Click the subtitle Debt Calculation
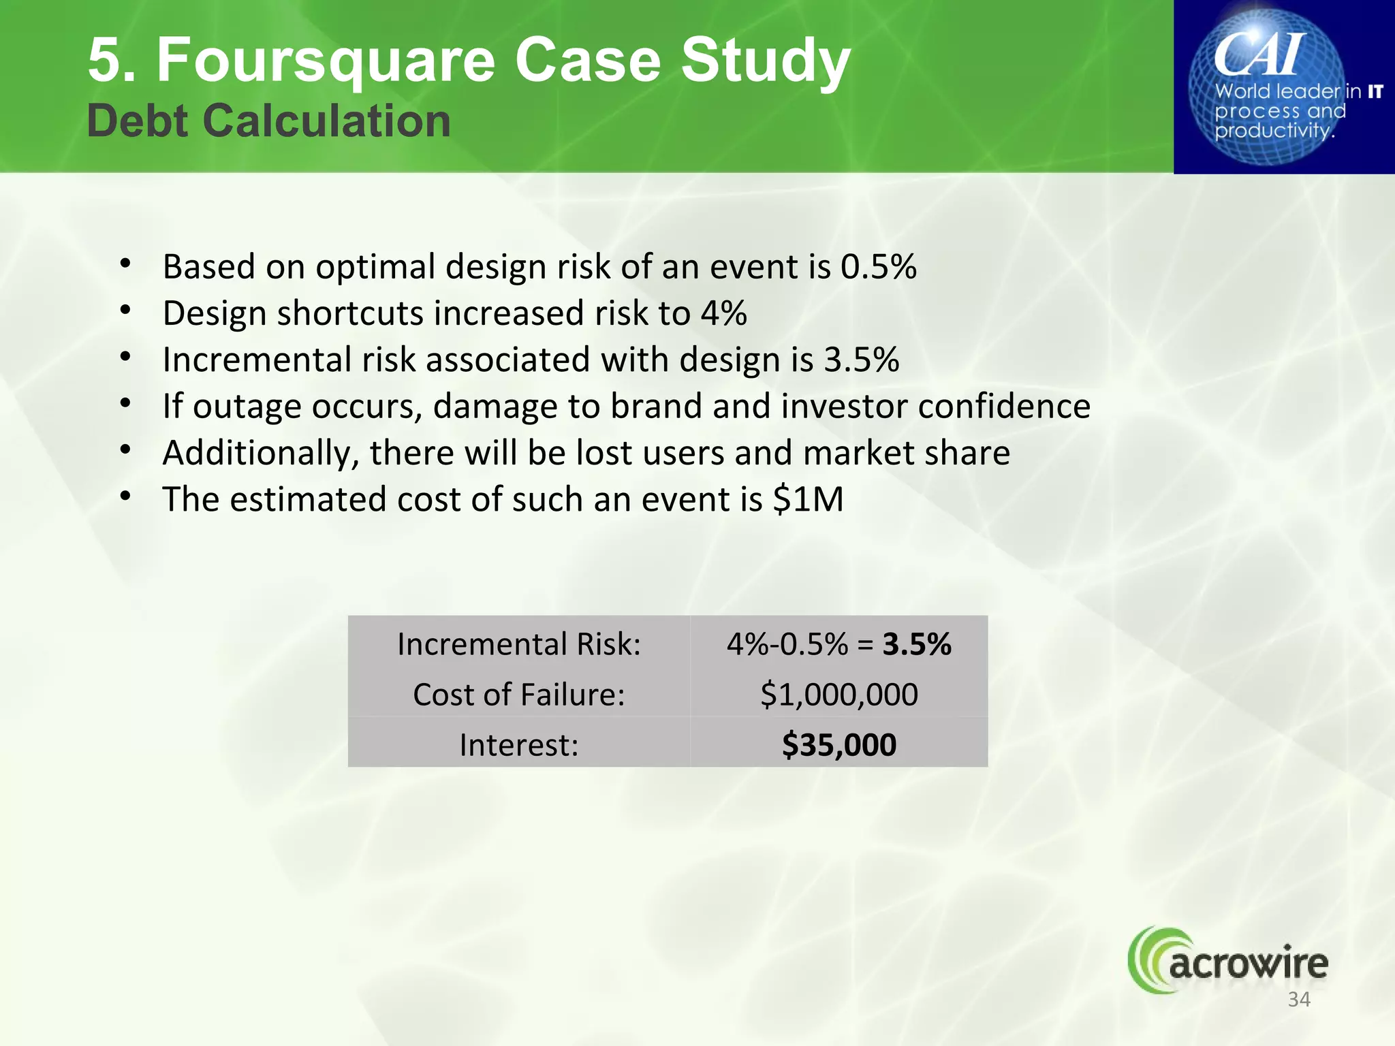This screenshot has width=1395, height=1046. (x=269, y=121)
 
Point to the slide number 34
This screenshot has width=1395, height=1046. (x=1299, y=1000)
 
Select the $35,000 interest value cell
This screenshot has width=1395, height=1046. (x=838, y=744)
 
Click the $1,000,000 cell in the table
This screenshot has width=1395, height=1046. (x=838, y=694)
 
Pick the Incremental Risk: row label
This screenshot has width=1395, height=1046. (x=519, y=644)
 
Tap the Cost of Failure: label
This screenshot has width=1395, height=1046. (x=519, y=694)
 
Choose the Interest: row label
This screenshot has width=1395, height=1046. (x=519, y=744)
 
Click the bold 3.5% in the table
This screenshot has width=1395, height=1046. (x=917, y=644)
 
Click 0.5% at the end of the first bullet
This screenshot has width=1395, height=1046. (x=878, y=266)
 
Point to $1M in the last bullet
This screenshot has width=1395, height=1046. (x=809, y=499)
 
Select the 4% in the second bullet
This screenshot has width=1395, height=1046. (x=723, y=313)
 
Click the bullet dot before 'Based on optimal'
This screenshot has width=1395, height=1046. (x=125, y=264)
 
